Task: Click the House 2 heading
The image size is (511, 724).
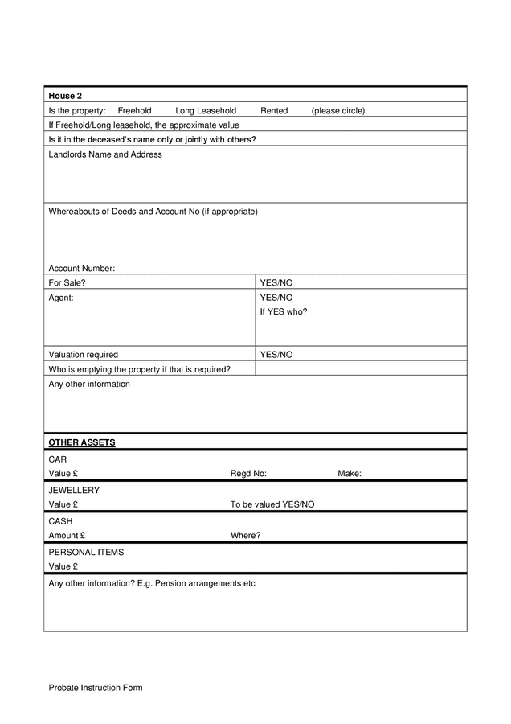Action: [x=65, y=96]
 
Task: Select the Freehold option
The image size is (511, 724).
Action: [x=134, y=110]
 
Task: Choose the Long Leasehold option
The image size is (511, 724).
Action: [x=206, y=110]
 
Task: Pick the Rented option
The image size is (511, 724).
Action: [x=274, y=110]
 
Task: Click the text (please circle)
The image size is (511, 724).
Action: [x=338, y=110]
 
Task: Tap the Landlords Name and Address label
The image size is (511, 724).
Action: [x=105, y=154]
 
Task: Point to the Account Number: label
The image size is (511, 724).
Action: [x=82, y=268]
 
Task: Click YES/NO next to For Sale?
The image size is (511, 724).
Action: [x=276, y=282]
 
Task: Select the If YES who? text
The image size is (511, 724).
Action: [x=283, y=311]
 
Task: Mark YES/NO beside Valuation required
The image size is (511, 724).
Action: [x=276, y=354]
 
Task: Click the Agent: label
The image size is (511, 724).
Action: [x=61, y=297]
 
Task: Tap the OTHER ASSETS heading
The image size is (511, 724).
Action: [x=82, y=442]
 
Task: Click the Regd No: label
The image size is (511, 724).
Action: [x=248, y=474]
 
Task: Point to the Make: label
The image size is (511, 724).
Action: [x=350, y=474]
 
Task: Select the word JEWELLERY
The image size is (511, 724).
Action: [x=74, y=490]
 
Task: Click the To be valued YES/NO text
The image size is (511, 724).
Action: [x=272, y=504]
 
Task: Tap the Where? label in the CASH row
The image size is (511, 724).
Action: [x=245, y=535]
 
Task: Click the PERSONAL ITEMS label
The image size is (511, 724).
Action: [x=86, y=553]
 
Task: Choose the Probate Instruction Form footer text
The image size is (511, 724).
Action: [x=95, y=688]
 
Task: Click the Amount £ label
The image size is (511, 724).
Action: [x=67, y=535]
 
